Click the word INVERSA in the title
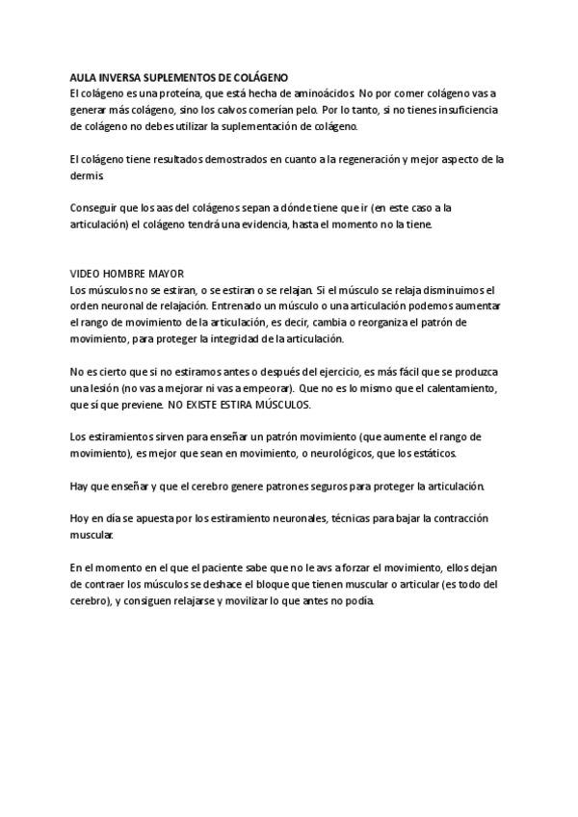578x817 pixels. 118,76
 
